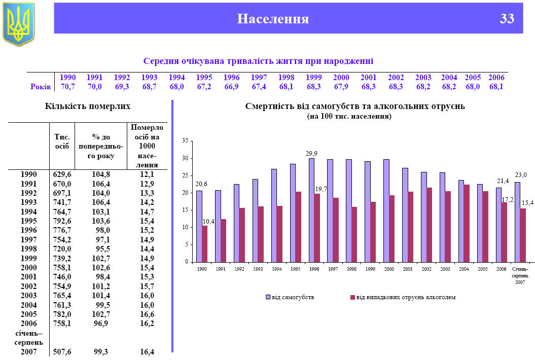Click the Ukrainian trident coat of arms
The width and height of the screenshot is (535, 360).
tap(18, 23)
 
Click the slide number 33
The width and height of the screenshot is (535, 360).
tap(507, 19)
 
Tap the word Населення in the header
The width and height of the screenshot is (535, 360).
tap(273, 19)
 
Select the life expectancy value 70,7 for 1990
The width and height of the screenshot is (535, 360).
tap(67, 87)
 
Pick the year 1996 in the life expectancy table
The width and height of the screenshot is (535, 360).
tap(231, 78)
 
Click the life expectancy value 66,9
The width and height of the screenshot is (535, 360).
tap(231, 87)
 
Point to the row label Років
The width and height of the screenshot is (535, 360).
tap(41, 87)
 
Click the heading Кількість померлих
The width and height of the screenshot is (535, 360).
tap(88, 106)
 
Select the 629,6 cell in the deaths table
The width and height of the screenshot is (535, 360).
tap(62, 174)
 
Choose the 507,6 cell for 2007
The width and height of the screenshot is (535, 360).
tap(62, 351)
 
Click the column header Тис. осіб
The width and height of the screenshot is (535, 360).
tap(62, 141)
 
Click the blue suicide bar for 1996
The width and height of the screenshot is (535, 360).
tap(311, 210)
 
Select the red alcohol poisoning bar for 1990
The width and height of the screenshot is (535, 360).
tap(205, 243)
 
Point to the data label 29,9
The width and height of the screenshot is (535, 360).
tap(311, 153)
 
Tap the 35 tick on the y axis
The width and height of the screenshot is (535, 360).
tap(185, 140)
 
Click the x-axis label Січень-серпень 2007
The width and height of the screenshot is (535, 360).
tap(520, 274)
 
